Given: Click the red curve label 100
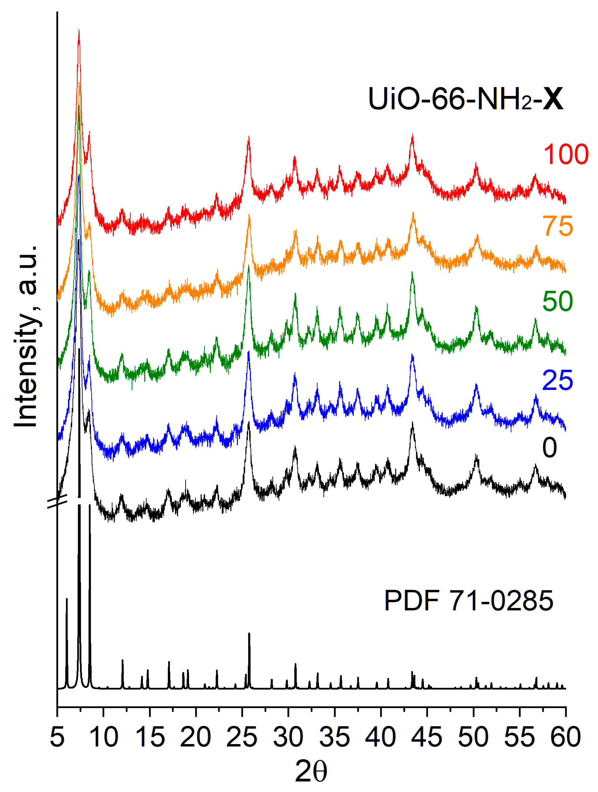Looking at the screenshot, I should [565, 154].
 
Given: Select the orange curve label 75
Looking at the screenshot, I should [557, 226].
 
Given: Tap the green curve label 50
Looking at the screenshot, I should [557, 301].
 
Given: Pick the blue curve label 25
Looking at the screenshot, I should [557, 380].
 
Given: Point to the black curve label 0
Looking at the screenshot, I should [549, 448].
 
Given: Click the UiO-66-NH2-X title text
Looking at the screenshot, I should [465, 99].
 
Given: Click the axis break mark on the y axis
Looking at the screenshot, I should [58, 501].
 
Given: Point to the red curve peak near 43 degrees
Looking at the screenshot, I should [413, 135].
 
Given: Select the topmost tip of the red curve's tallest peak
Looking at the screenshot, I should [79, 31].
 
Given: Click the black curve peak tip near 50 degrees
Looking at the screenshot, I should [476, 455].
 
